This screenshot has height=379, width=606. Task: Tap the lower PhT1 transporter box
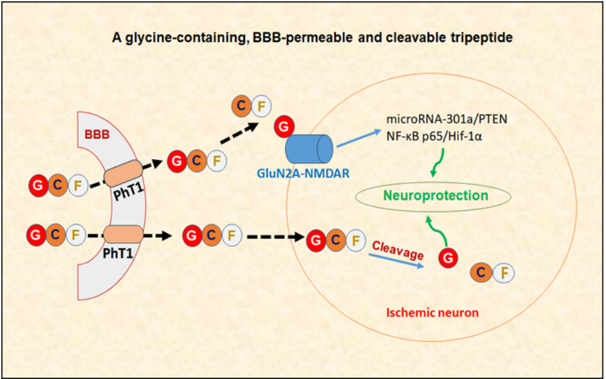[121, 234]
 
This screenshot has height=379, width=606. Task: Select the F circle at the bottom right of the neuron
[504, 273]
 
